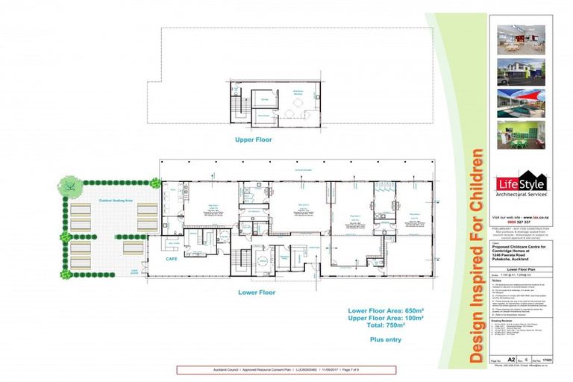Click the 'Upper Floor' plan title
point(254,140)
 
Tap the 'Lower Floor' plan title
point(257,292)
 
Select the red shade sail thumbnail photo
point(522,102)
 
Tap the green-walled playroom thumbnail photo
point(522,134)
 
